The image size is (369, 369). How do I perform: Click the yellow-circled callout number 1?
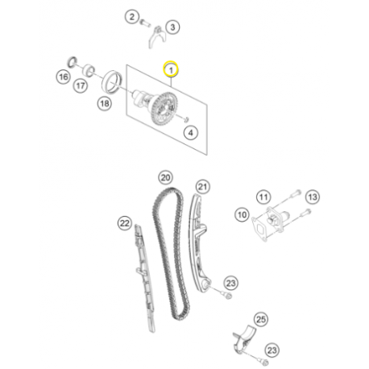(171, 69)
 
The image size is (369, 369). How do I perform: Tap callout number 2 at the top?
(131, 17)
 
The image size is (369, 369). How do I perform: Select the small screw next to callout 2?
(145, 23)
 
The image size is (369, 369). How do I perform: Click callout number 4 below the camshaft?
(191, 132)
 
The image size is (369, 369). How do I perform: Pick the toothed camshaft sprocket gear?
(164, 109)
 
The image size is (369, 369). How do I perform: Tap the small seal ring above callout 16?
(72, 62)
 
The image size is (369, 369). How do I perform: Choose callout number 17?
(81, 86)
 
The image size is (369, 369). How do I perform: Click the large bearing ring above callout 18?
(111, 82)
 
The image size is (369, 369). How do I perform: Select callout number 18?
(105, 103)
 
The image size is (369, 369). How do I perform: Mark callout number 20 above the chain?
(165, 177)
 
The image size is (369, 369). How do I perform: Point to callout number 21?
(203, 186)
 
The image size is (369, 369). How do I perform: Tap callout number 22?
(124, 223)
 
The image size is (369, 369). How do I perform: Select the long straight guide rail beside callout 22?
(144, 278)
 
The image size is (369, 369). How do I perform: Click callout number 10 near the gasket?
(242, 215)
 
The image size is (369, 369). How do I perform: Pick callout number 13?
(313, 197)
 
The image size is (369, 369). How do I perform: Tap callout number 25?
(261, 320)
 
